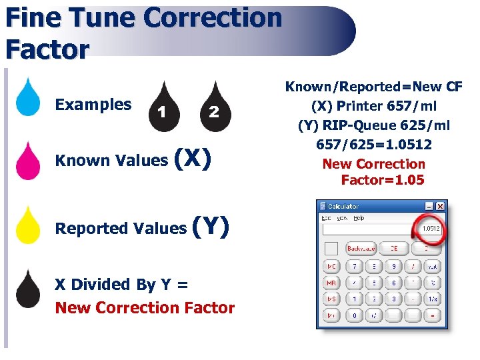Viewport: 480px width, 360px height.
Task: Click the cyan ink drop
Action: coord(27,98)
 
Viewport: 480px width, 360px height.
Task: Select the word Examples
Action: coord(93,105)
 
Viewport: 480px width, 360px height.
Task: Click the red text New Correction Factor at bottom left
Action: coord(145,308)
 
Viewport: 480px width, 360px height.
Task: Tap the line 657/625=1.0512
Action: coord(373,145)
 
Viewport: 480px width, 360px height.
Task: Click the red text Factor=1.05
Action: coord(382,180)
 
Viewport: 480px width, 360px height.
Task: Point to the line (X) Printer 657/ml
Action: coord(373,106)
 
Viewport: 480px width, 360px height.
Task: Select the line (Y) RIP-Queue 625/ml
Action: coord(373,125)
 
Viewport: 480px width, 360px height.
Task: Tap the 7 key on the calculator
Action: coord(354,266)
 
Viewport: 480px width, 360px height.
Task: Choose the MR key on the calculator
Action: coord(331,283)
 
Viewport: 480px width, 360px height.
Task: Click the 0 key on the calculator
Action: coord(354,315)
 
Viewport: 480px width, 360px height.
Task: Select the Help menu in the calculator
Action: coord(359,218)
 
